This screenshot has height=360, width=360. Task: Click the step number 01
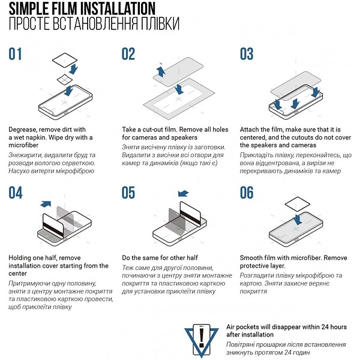pos(15,54)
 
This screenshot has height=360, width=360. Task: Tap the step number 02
pos(128,54)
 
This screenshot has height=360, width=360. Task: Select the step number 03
pos(247,54)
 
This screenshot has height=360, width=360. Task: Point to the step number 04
pos(16,193)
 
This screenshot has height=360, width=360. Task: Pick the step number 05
pos(128,193)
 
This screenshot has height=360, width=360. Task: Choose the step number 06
pos(247,193)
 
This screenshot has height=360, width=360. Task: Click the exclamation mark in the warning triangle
pos(202,337)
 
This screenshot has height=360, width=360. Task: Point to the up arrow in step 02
pos(161,71)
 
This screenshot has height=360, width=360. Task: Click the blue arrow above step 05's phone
pos(183,194)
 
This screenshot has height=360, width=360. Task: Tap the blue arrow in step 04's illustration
pos(46,203)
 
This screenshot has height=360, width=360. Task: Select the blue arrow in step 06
pos(298,220)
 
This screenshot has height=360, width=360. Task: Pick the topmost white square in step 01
pos(65,60)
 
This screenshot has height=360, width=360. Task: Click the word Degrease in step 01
pos(23,130)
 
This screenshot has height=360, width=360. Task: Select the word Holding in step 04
pos(20,258)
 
